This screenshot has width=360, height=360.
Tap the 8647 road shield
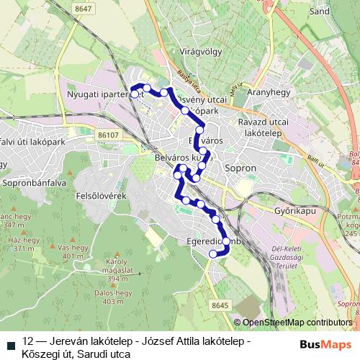click(83, 8)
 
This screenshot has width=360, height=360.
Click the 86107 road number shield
click(109, 135)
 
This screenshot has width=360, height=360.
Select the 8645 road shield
click(221, 305)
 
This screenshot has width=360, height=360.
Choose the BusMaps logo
click(322, 344)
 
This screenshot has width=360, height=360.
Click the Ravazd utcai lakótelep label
click(267, 127)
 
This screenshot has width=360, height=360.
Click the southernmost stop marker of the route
click(212, 253)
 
